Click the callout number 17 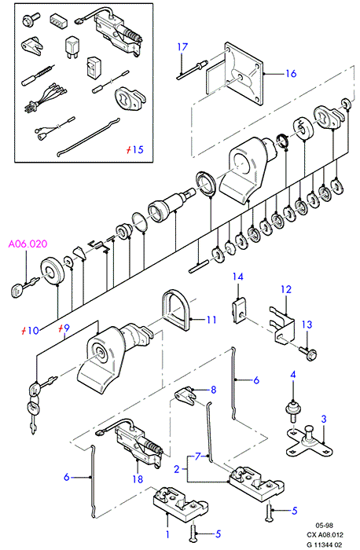182,46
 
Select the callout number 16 292,73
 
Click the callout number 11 211,320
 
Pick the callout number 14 238,277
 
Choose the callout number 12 286,289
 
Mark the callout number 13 307,324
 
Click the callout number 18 138,478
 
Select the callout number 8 213,390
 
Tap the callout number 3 324,419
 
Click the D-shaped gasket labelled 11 176,310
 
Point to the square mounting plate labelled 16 243,74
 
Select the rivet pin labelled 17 192,69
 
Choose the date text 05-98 324,526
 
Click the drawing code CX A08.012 325,535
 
